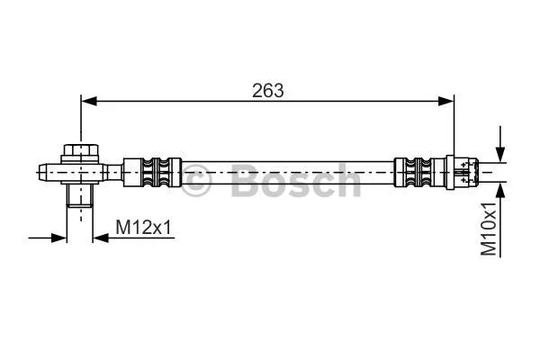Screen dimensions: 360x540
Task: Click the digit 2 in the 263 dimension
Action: [x=257, y=90]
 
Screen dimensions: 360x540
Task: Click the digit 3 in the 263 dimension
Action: [x=280, y=90]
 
